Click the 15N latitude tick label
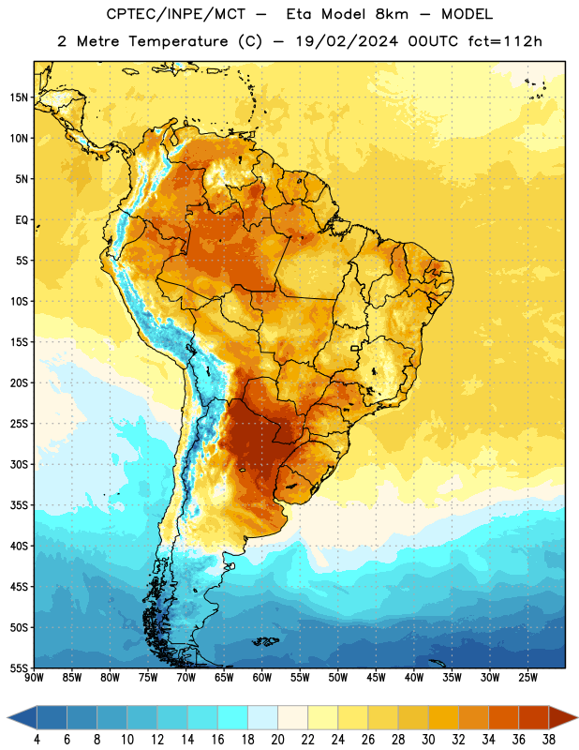point(19,97)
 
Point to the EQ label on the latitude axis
point(22,220)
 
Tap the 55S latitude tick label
point(19,667)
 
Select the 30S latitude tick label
point(19,464)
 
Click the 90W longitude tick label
point(35,677)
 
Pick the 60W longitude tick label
point(262,677)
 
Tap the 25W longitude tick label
point(527,677)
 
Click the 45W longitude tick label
point(376,677)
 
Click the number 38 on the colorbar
point(549,740)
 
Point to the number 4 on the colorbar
point(37,740)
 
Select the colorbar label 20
point(277,740)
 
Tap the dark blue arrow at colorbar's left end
point(22,718)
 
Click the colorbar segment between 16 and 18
point(233,718)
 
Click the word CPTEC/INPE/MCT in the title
point(175,14)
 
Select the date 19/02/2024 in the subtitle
point(347,41)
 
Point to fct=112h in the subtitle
point(505,41)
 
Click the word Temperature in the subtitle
point(178,41)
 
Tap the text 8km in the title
point(392,14)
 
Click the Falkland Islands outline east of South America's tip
point(266,641)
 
